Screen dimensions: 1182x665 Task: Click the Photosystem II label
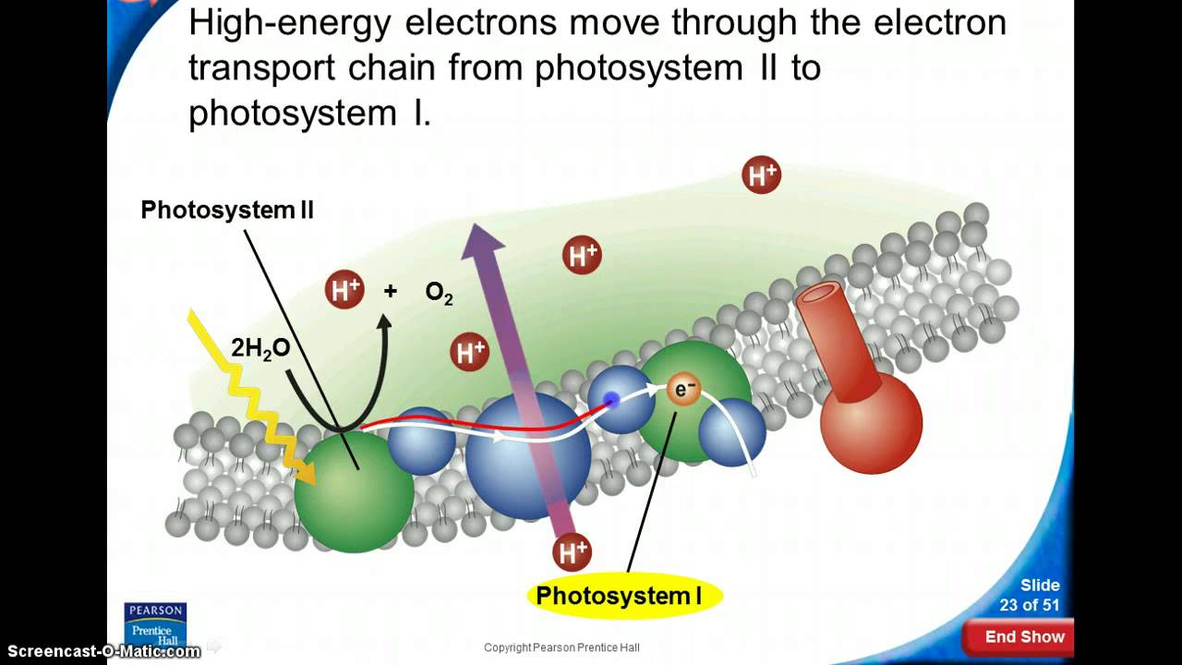227,211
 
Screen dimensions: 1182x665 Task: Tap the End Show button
1023,636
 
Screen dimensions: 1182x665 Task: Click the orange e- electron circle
683,390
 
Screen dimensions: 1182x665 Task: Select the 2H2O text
260,348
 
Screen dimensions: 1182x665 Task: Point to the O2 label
439,293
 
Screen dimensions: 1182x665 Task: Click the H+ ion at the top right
762,175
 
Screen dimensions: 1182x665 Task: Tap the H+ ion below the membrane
572,552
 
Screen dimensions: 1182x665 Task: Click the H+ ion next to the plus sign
344,291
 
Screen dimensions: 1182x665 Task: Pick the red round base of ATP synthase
871,422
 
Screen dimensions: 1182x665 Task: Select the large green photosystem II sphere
354,491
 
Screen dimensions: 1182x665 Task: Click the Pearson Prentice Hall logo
155,624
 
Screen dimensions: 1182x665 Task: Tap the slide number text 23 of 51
1030,605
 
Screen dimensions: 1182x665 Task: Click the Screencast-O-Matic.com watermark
100,651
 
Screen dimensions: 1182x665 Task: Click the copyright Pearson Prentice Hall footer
561,647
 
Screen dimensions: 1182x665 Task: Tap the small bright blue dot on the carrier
609,400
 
